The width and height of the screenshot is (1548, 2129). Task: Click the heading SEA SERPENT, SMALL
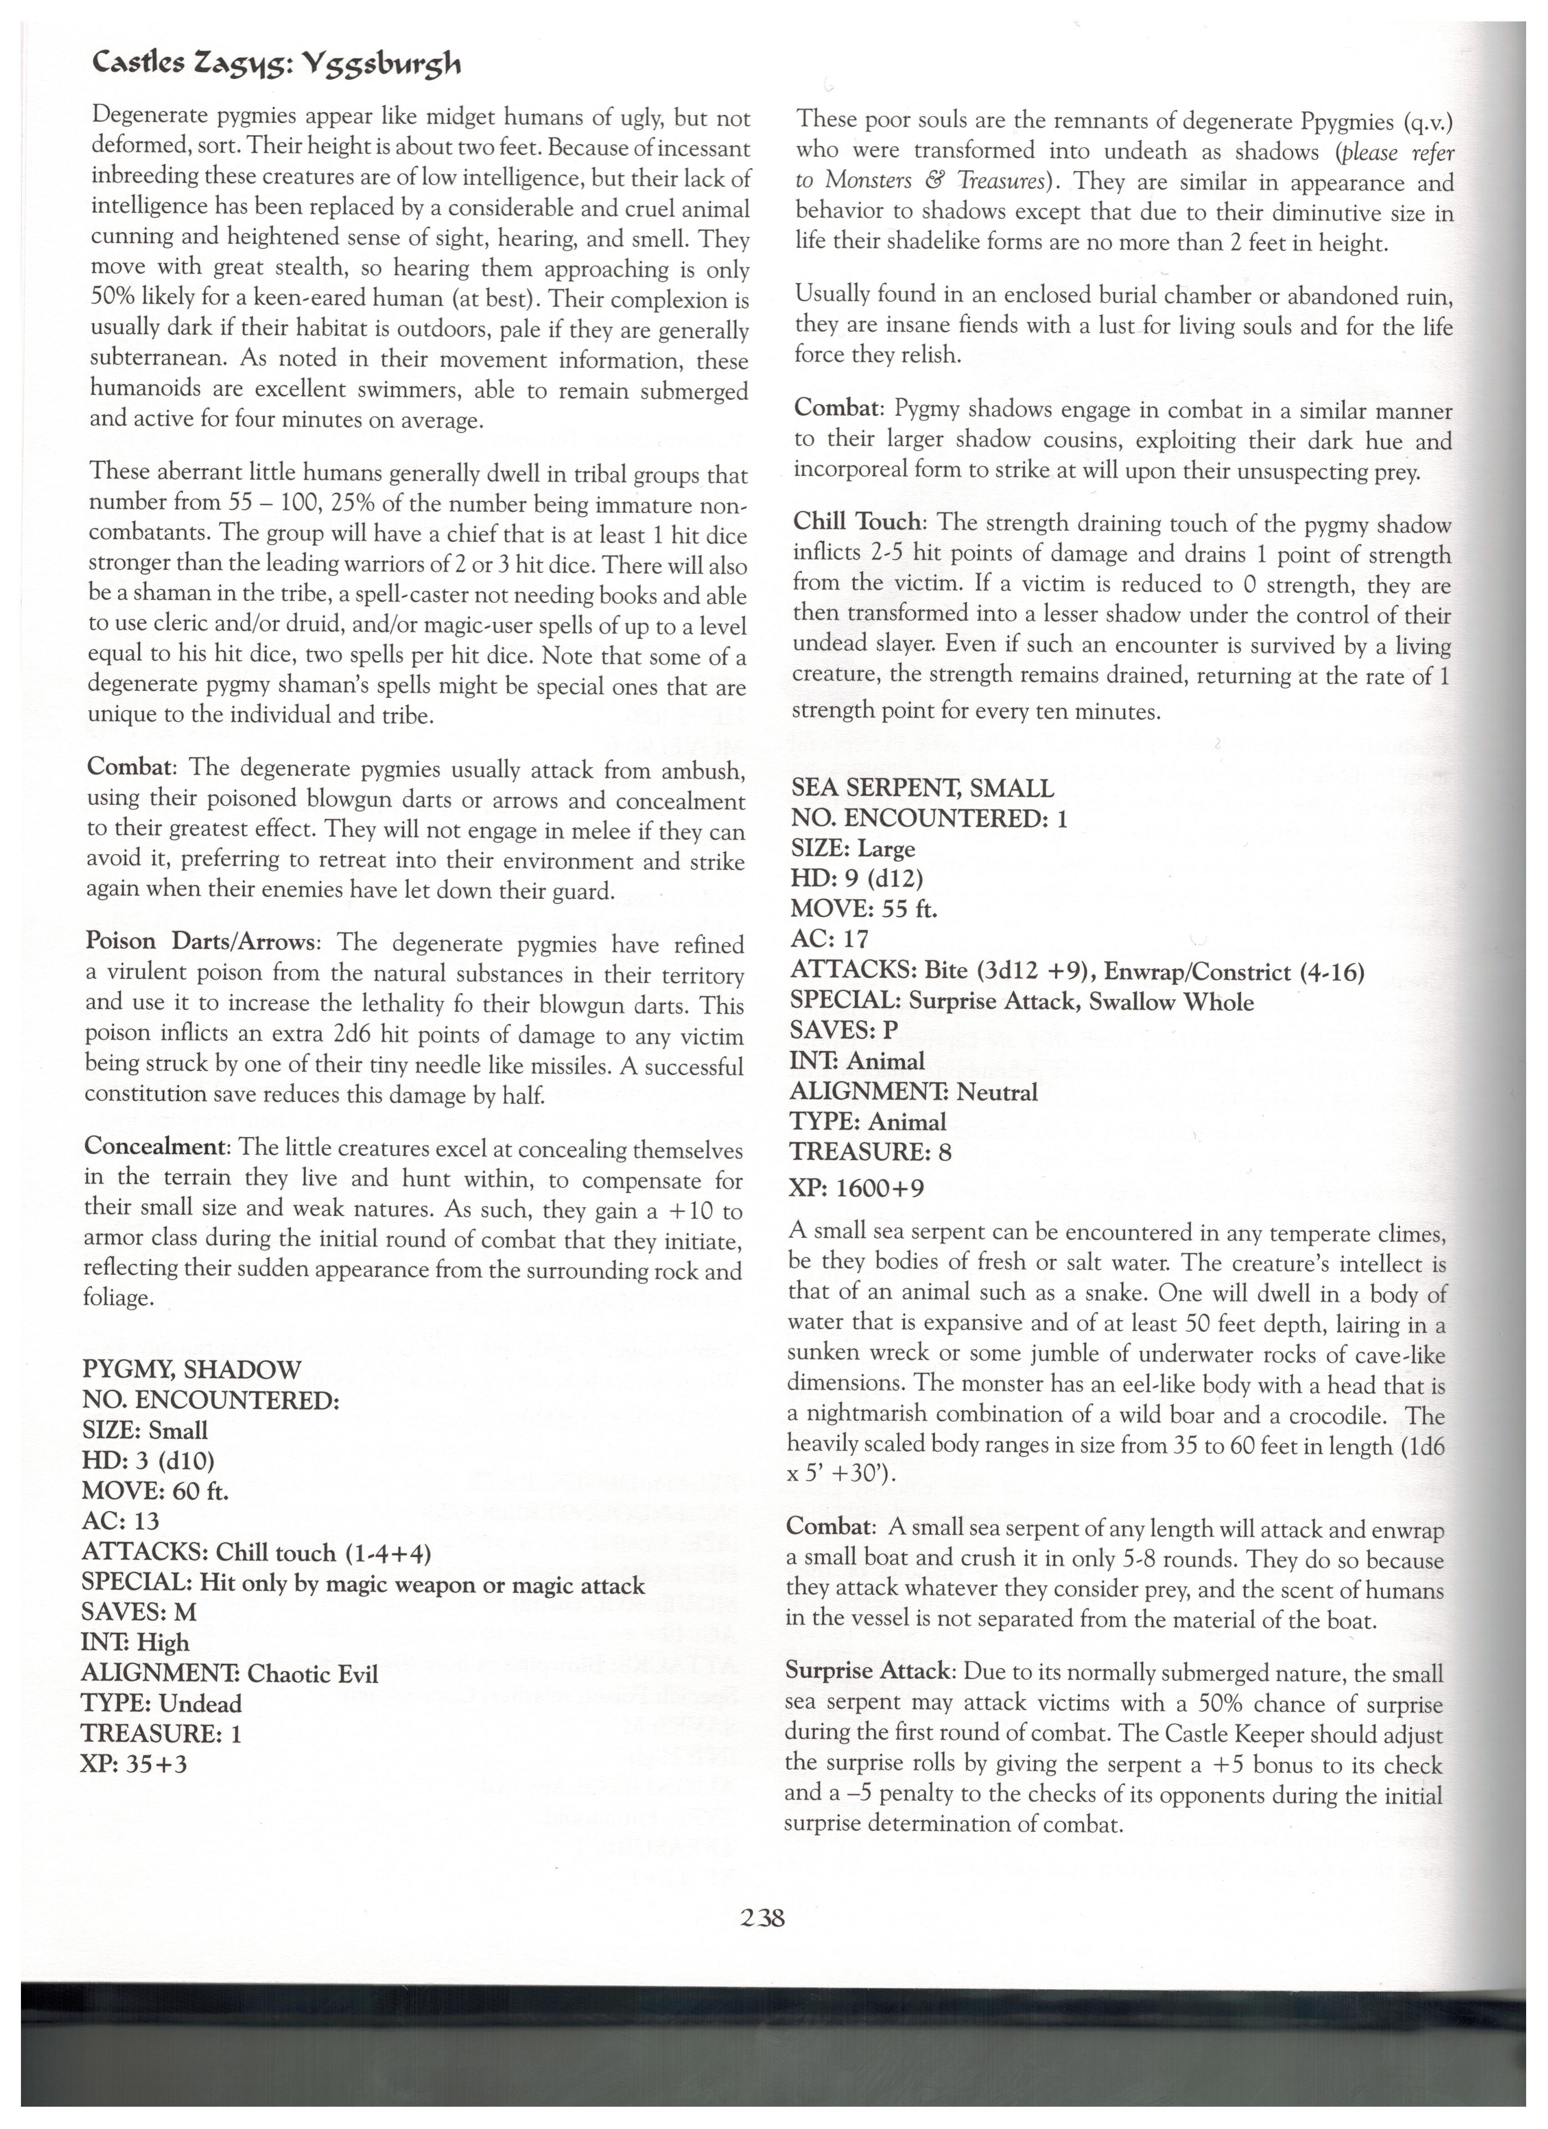pyautogui.click(x=922, y=788)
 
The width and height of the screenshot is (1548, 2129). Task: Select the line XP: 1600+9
pyautogui.click(x=857, y=1189)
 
